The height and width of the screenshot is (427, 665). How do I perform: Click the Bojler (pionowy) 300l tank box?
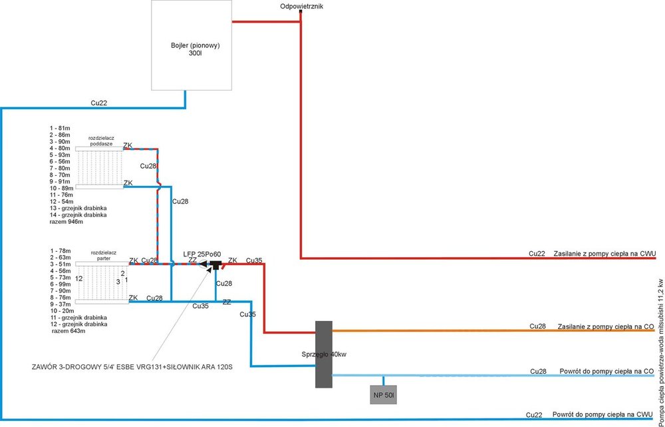point(191,45)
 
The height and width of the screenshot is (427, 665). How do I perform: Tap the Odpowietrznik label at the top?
point(301,6)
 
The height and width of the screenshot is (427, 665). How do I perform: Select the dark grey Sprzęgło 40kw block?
point(323,354)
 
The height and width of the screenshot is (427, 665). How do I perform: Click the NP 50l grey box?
point(383,395)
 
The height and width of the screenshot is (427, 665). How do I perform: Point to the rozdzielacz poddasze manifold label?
point(102,141)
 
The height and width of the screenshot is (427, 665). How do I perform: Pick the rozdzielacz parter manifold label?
point(103,256)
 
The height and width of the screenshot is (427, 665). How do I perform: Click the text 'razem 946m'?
point(66,222)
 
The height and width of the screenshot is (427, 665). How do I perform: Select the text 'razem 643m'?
point(68,330)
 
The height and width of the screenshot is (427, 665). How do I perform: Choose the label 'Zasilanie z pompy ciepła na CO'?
point(604,326)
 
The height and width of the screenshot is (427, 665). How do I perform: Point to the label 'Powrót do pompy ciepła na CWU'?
point(602,414)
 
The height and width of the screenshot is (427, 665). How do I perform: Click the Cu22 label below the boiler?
point(98,103)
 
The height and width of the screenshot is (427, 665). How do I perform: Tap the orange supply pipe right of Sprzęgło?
point(432,330)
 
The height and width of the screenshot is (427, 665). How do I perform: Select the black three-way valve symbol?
point(215,265)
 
